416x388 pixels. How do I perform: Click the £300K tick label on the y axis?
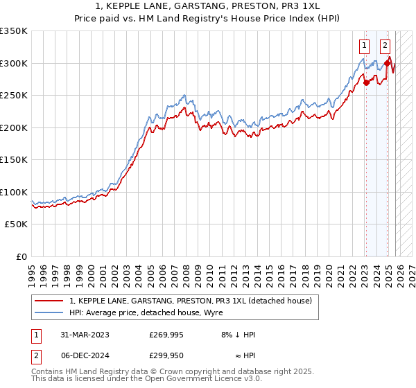(x=14, y=63)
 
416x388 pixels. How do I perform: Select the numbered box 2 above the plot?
(x=385, y=46)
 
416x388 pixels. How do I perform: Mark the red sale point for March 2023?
(x=365, y=82)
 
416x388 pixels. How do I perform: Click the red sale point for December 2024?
(x=386, y=64)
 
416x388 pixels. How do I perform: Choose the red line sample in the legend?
(x=49, y=301)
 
